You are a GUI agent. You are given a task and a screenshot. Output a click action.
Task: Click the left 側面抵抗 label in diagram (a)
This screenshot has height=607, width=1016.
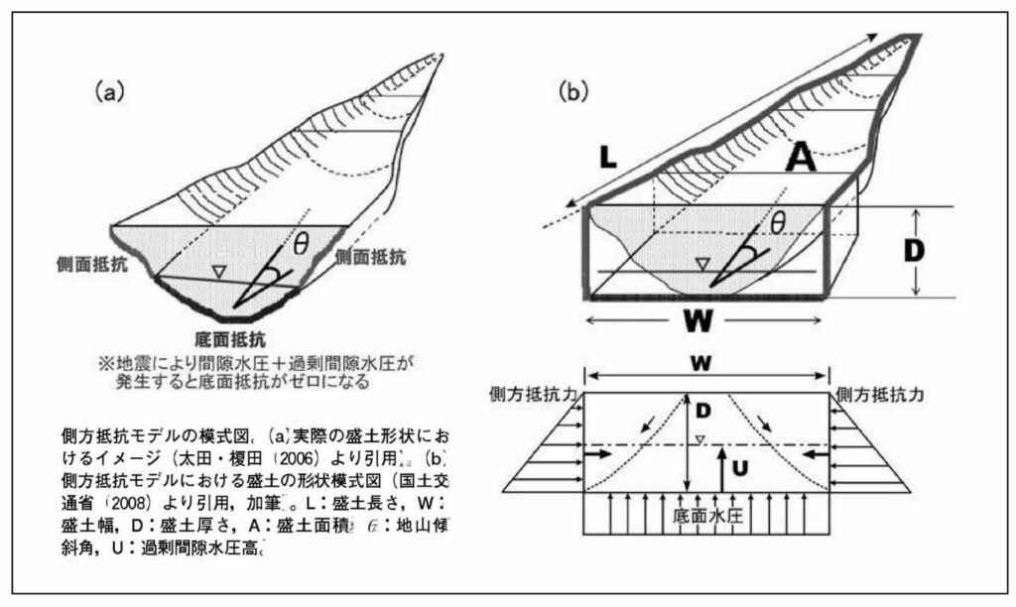tap(92, 264)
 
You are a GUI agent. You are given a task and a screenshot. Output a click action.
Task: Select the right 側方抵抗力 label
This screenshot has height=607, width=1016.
tap(881, 393)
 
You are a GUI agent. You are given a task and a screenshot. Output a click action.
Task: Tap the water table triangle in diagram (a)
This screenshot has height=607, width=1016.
tap(222, 269)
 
